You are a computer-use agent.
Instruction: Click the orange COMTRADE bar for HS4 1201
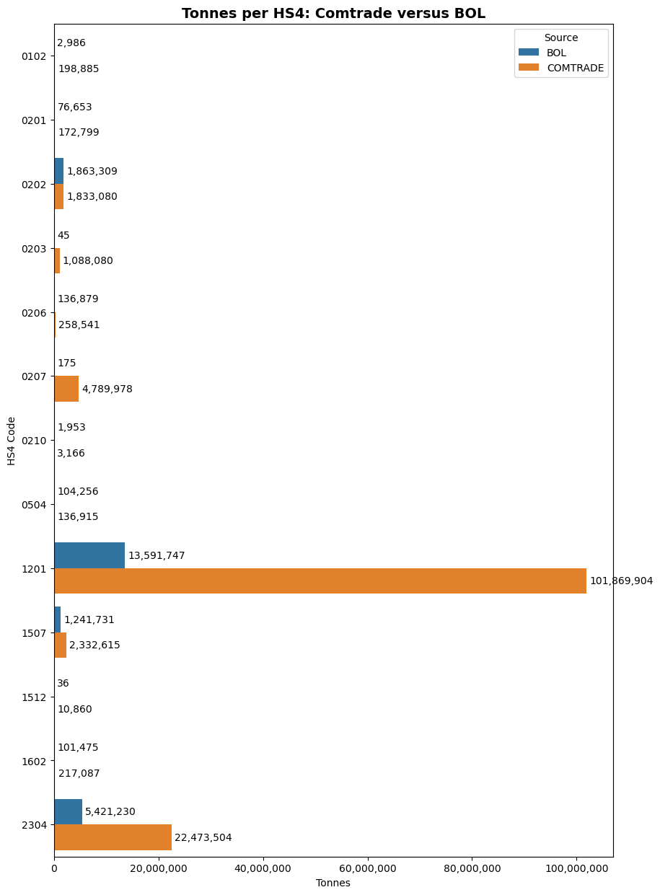pyautogui.click(x=320, y=581)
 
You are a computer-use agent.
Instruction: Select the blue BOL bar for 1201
pyautogui.click(x=89, y=555)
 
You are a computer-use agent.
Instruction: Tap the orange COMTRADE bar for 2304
pyautogui.click(x=113, y=837)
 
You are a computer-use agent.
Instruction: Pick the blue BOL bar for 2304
pyautogui.click(x=68, y=811)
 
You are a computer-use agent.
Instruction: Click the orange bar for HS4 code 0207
pyautogui.click(x=66, y=389)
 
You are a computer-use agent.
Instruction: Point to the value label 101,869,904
pyautogui.click(x=621, y=581)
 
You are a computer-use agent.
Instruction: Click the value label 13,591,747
pyautogui.click(x=157, y=556)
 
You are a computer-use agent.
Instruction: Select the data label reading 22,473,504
pyautogui.click(x=203, y=838)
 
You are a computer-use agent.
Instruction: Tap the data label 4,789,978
pyautogui.click(x=107, y=389)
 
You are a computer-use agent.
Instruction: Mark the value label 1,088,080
pyautogui.click(x=87, y=261)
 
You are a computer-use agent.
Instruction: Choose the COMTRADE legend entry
pyautogui.click(x=575, y=68)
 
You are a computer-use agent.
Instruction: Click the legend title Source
pyautogui.click(x=560, y=38)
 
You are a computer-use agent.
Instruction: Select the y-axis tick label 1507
pyautogui.click(x=34, y=633)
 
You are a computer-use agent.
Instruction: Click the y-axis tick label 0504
pyautogui.click(x=34, y=505)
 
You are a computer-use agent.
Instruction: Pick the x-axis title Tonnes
pyautogui.click(x=333, y=883)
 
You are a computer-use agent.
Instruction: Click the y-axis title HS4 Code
pyautogui.click(x=12, y=441)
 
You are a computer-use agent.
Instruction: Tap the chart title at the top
pyautogui.click(x=333, y=14)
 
